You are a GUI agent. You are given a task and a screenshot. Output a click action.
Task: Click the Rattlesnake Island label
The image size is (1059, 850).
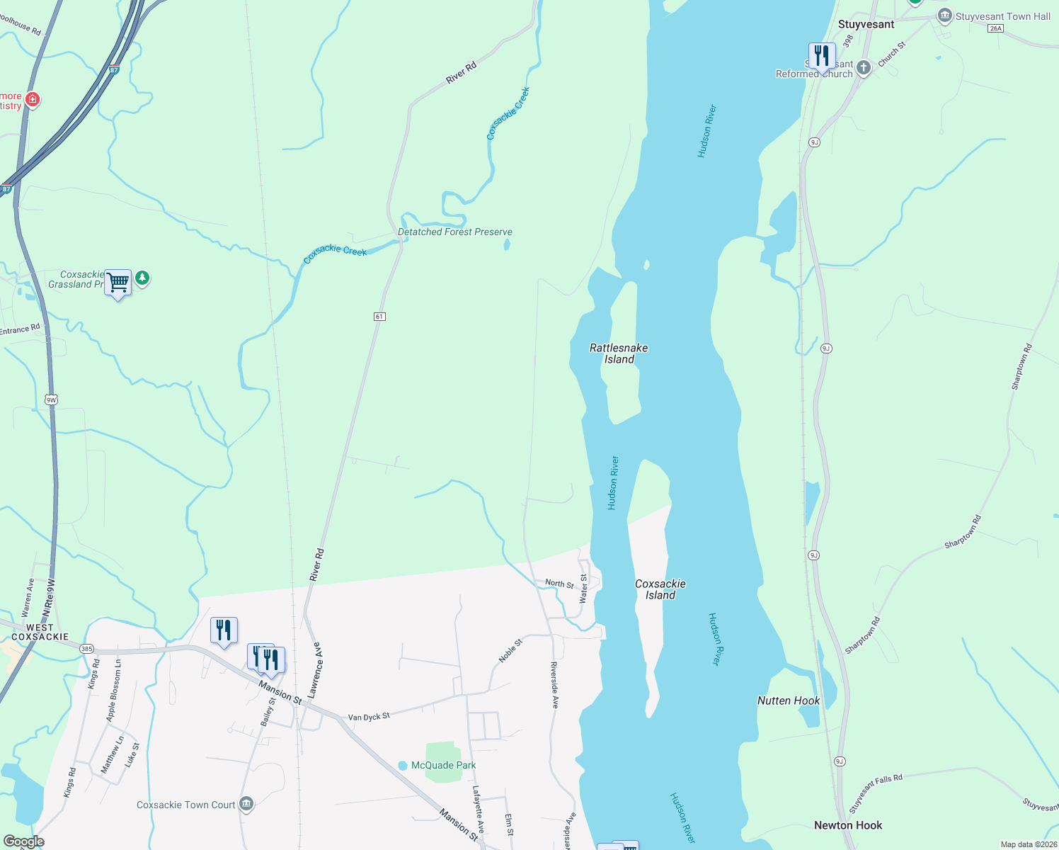pos(619,353)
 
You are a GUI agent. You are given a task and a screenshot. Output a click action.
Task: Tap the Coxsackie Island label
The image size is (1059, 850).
pos(660,589)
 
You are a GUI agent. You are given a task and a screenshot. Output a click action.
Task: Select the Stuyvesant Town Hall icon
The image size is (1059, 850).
pos(944,16)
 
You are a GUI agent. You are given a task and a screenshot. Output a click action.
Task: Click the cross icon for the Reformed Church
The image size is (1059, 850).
pos(863,68)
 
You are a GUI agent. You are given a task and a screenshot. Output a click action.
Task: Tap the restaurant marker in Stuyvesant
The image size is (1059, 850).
pos(821,55)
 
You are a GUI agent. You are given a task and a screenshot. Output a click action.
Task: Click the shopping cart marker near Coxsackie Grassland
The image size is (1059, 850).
pos(118,283)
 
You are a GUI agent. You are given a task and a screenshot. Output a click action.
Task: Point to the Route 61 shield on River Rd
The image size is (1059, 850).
pos(379,317)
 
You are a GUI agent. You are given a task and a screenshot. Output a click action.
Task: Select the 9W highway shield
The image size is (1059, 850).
pos(51,400)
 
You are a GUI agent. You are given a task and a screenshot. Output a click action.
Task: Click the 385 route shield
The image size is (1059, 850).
pos(86,649)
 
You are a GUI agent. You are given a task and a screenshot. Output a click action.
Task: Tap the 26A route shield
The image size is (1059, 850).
pos(996,28)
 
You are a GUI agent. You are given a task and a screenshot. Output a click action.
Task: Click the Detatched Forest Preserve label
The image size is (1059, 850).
pos(454,232)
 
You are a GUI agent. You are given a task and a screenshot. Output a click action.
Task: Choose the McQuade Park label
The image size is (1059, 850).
pos(443,765)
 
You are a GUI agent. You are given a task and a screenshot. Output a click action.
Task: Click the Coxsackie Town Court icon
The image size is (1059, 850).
pos(246,805)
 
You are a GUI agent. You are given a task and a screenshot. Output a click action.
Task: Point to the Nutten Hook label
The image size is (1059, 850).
pos(789,701)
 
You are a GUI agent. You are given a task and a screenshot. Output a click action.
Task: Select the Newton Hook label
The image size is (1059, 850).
pos(848,825)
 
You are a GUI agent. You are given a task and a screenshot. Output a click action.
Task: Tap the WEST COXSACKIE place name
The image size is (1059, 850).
pos(40,632)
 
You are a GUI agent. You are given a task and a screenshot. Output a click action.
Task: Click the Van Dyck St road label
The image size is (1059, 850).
pos(369,717)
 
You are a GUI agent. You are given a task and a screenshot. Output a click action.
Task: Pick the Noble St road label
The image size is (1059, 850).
pos(510,650)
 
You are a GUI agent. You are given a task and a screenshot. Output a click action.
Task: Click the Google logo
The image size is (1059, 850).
pos(23,841)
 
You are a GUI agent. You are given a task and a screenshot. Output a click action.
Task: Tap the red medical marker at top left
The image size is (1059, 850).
pos(32,100)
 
